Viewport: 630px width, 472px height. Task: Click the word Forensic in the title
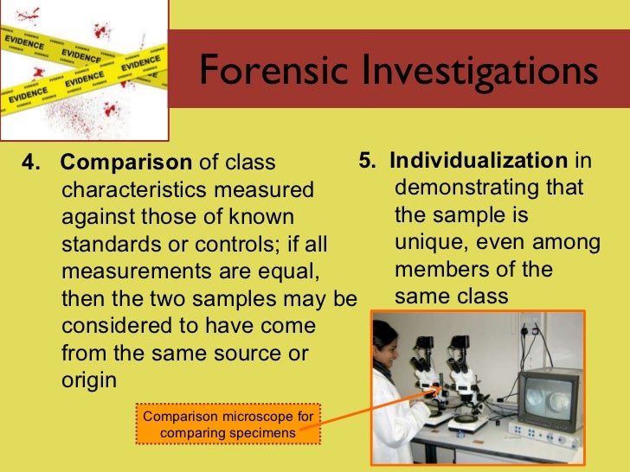click(x=267, y=72)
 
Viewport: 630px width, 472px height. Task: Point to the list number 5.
click(x=367, y=161)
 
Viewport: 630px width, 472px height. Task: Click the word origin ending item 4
click(x=89, y=381)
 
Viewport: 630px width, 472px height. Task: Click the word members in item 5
click(x=438, y=270)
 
